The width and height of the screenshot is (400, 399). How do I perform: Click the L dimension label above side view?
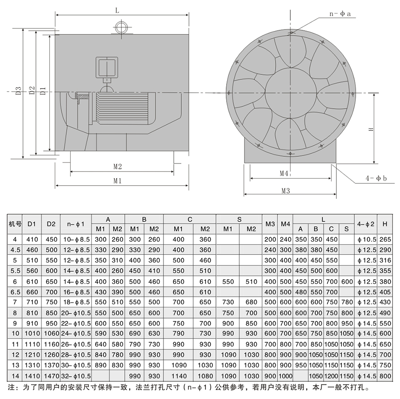point(117,11)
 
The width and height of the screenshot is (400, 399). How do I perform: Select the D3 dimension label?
point(19,91)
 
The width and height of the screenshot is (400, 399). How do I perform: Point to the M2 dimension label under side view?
point(118,167)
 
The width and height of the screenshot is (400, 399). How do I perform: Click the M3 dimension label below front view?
point(286,191)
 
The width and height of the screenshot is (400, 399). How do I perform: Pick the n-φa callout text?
point(340,14)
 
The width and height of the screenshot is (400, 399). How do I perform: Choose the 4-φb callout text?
point(376,178)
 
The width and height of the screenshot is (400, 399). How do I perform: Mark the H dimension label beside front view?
point(371,129)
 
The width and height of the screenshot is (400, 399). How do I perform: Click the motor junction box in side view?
point(107,68)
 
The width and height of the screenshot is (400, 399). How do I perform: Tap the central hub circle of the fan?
point(291,93)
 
